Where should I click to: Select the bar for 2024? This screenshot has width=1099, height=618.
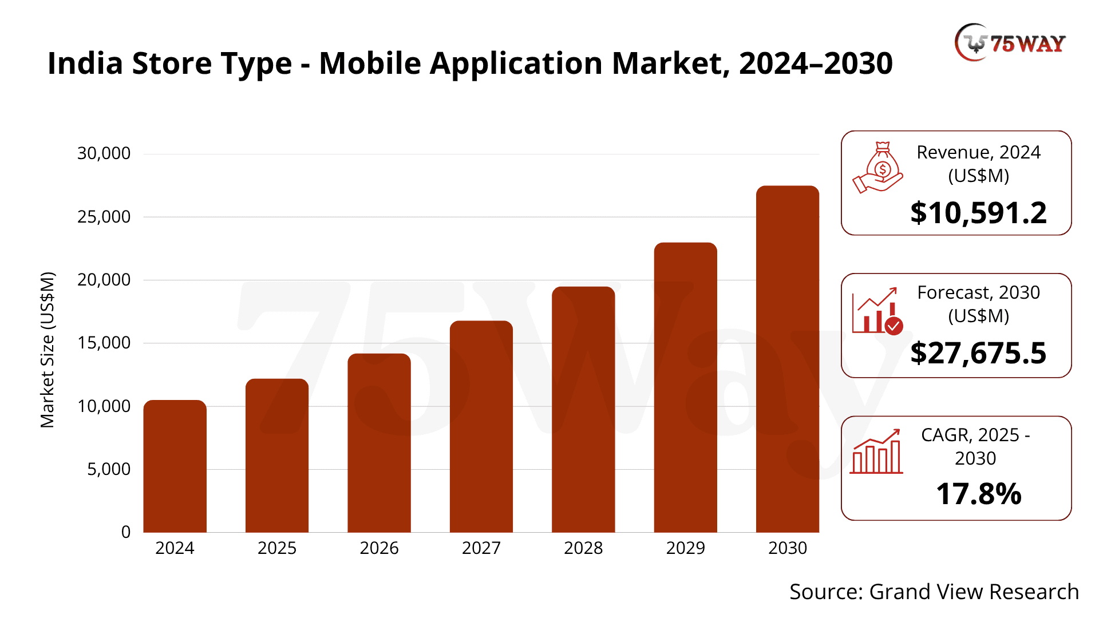click(x=175, y=466)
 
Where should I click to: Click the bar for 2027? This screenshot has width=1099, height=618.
click(x=481, y=426)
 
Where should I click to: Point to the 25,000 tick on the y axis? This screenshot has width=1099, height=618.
click(x=104, y=217)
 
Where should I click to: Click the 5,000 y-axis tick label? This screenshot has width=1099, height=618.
click(x=109, y=469)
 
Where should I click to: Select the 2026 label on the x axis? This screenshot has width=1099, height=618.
click(x=379, y=548)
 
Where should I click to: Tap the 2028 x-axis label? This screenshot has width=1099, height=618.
click(x=583, y=548)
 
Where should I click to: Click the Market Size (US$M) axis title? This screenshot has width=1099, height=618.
click(x=48, y=350)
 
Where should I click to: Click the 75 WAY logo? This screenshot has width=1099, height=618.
click(x=1010, y=42)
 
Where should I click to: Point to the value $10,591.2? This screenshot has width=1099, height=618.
click(x=978, y=213)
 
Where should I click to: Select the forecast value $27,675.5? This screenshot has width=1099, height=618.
click(x=978, y=353)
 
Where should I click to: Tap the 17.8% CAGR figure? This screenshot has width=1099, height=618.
click(x=978, y=494)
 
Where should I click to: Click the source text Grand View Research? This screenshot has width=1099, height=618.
click(x=974, y=592)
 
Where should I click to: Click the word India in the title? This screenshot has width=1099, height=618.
click(x=85, y=63)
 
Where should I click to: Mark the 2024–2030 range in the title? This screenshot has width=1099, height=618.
click(x=816, y=63)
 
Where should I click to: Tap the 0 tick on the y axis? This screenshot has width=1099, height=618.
click(x=126, y=532)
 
